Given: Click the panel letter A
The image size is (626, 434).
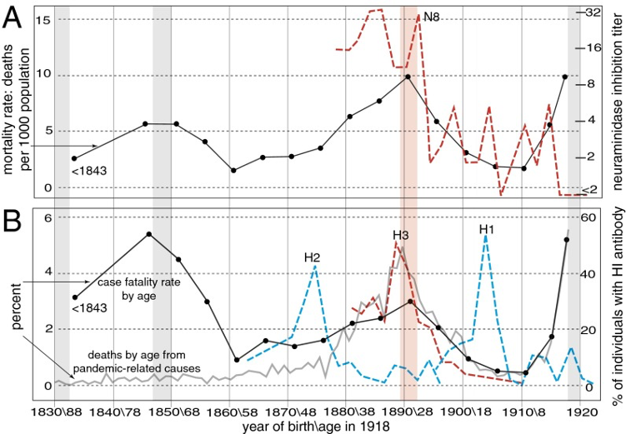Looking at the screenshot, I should click(x=14, y=18).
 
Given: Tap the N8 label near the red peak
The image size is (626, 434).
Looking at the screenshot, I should click(x=432, y=17).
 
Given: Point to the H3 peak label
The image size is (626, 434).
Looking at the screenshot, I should click(x=400, y=234).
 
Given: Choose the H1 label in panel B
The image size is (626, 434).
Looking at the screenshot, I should click(x=488, y=228).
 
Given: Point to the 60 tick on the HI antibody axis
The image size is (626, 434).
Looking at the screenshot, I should click(x=590, y=242).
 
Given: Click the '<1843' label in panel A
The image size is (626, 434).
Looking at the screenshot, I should click(x=87, y=172).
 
